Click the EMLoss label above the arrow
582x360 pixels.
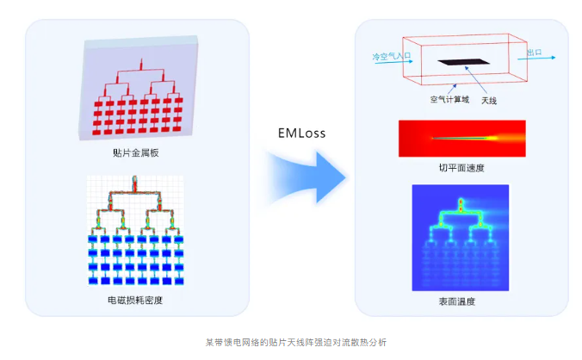pos(302,133)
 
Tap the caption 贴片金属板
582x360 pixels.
pos(136,152)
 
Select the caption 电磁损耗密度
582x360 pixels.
pos(135,300)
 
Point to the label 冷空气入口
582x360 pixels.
pos(392,56)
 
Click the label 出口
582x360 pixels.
pos(535,53)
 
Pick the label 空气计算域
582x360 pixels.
pos(449,99)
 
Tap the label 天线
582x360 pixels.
pos(489,101)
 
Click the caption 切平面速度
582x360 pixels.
pos(461,168)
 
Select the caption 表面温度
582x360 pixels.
pos(457,301)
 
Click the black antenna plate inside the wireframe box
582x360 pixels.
pos(463,62)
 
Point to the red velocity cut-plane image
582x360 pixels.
pos(462,139)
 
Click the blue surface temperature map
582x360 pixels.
pos(461,238)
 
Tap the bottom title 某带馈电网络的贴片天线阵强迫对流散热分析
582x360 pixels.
pos(296,342)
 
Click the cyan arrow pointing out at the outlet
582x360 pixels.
pos(536,59)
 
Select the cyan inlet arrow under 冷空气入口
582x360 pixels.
pos(393,62)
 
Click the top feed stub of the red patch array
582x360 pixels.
pos(141,64)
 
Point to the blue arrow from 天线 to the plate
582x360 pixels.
pos(476,80)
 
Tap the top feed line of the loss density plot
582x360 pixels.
pos(134,183)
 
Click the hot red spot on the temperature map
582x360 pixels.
pos(461,205)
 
